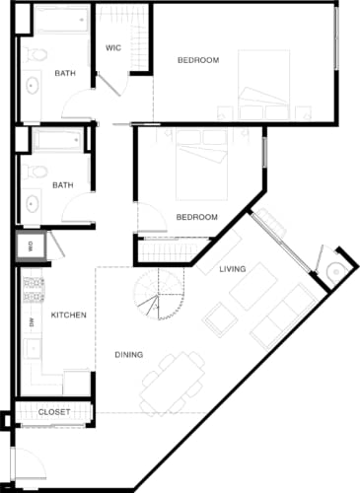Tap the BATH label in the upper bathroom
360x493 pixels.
pos(65,73)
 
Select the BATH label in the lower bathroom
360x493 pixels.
pos(62,184)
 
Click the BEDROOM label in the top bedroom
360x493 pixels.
pos(197,60)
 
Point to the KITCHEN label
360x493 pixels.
pos(68,316)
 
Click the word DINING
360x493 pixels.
pos(128,355)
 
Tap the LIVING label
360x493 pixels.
pos(233,269)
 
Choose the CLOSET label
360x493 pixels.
pos(54,412)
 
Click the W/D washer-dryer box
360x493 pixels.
pos(30,247)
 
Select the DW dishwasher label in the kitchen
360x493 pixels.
pos(32,322)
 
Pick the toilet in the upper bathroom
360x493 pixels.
pos(36,54)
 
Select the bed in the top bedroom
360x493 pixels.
pos(262,83)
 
